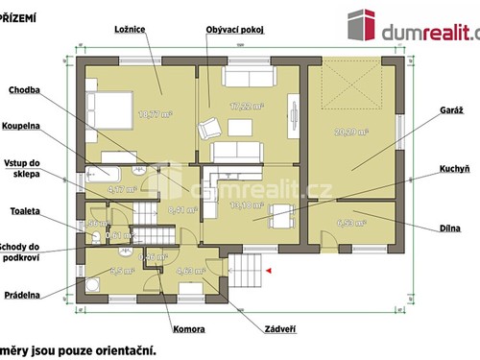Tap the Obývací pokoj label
(233, 30)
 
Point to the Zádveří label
(277, 330)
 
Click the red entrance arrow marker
(270, 271)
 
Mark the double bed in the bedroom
(110, 112)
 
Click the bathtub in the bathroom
(102, 174)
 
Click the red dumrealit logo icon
(361, 26)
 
